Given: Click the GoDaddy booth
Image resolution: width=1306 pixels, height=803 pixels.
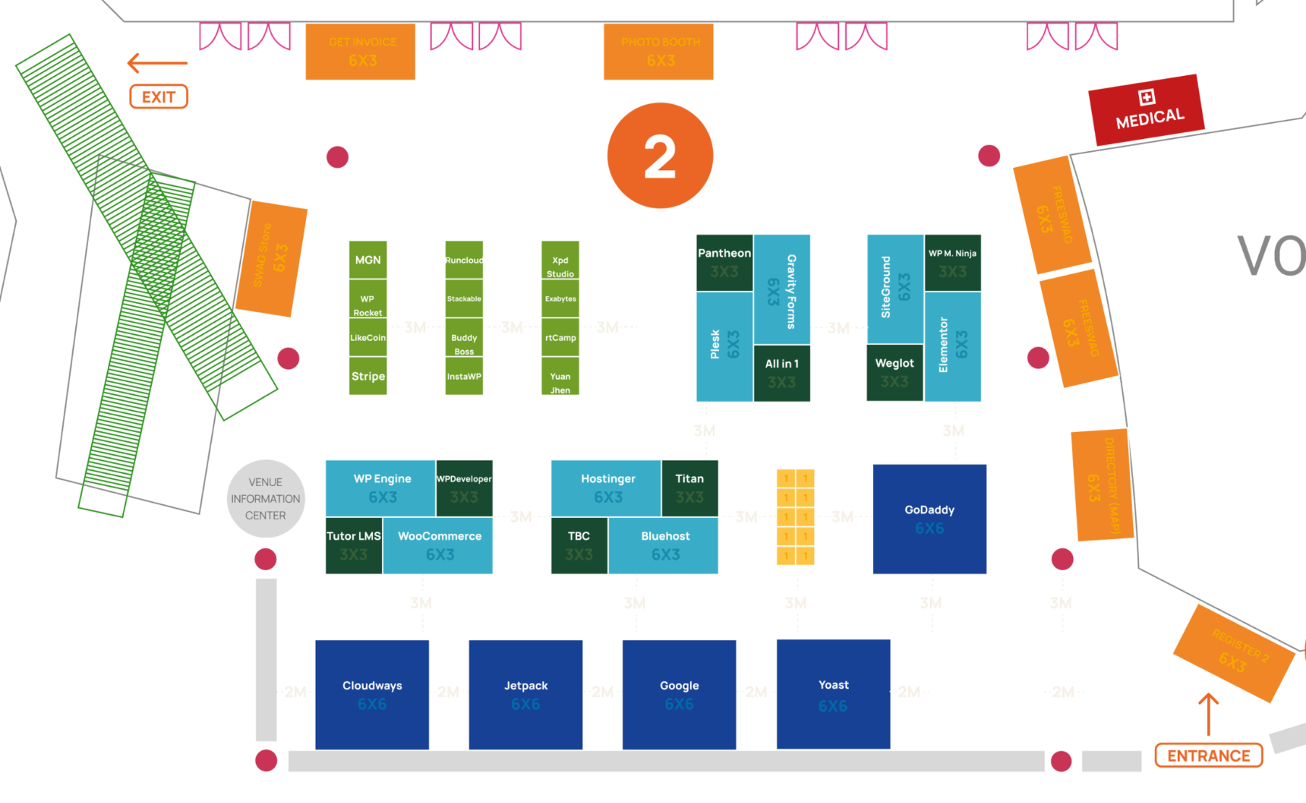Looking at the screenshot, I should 929,519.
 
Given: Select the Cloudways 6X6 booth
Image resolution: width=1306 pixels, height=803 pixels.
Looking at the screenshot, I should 372,694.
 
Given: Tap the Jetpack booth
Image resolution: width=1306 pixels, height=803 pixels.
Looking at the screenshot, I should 526,694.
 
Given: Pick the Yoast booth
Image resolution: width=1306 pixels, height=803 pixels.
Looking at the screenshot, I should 833,694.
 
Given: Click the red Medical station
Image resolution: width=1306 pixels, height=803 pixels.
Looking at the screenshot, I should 1146,110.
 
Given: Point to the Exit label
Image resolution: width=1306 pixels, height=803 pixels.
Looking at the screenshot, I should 158,97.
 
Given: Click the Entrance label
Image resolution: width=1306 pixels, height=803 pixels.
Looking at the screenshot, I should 1208,755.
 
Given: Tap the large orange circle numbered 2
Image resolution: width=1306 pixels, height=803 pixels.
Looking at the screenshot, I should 660,156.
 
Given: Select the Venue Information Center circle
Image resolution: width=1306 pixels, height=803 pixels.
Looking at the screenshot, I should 265,498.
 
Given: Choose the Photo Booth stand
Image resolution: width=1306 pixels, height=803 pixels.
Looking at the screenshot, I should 658,51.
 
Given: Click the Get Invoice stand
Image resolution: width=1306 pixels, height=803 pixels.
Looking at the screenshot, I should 360,51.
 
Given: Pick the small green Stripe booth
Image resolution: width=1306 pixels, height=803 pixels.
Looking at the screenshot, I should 368,376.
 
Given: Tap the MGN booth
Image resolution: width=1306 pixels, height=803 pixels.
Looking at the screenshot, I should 368,260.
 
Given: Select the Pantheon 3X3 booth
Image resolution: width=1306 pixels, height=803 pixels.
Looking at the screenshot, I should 724,262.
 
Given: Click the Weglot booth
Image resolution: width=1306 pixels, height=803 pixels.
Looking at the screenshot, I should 895,372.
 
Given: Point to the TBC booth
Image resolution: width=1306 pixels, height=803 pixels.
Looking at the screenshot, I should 579,545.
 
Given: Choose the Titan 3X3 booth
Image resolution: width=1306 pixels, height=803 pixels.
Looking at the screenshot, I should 689,488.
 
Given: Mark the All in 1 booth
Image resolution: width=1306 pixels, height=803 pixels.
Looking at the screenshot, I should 782,373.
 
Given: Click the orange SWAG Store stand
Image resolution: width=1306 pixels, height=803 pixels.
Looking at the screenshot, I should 271,258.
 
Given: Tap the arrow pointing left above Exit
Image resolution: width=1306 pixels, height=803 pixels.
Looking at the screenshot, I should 157,63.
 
